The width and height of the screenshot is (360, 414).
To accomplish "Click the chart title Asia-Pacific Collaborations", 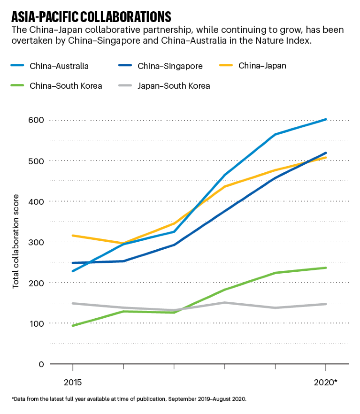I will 91,17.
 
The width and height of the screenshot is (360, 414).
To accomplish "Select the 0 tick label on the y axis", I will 41,364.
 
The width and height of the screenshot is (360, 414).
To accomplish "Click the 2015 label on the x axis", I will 72,383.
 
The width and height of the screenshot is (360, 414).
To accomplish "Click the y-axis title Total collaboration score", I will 16,240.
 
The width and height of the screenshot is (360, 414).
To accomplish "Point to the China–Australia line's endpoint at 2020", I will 326,119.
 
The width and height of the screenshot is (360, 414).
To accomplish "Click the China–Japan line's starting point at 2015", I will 72,236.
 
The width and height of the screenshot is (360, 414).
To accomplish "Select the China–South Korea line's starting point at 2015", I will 72,326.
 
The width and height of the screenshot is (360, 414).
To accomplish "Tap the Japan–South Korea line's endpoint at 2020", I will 326,304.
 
